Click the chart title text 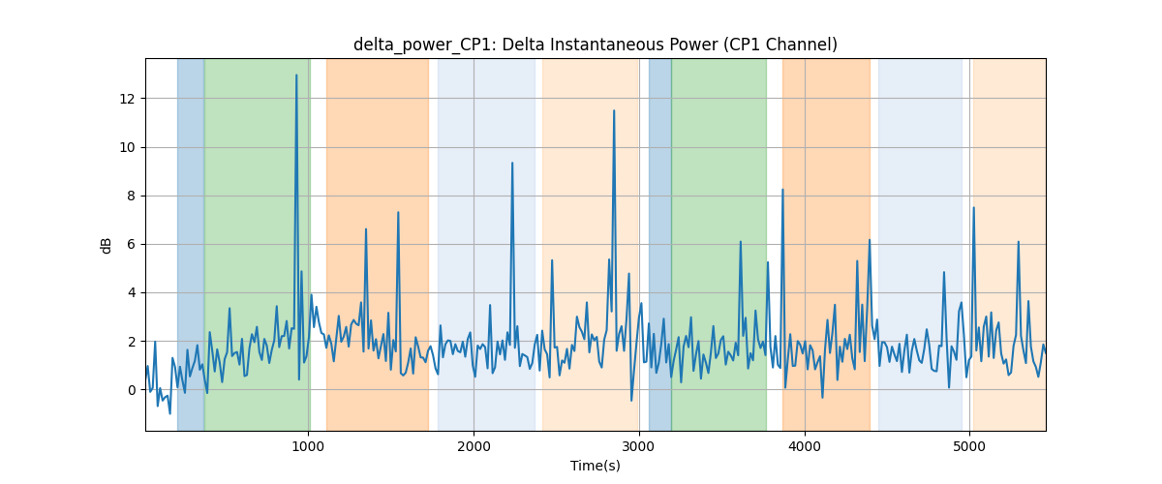595,45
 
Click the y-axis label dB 106,246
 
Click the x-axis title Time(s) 595,466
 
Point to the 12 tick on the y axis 127,99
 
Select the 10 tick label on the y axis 127,148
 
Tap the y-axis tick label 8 131,197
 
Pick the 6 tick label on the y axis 131,244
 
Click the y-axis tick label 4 131,293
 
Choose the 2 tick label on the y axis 131,342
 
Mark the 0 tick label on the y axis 131,390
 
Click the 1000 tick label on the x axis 308,446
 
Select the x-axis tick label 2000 474,446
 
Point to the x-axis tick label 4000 805,446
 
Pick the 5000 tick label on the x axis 969,446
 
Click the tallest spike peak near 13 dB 296,76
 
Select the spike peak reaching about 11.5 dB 614,110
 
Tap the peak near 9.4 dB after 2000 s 512,163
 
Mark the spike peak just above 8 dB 782,190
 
